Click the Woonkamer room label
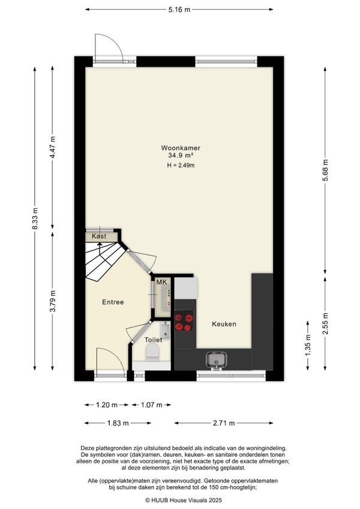click(x=181, y=148)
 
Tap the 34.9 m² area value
click(x=181, y=155)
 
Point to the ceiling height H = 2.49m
click(x=181, y=165)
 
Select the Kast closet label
click(x=99, y=236)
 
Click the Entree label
click(x=113, y=302)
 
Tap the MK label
click(x=161, y=282)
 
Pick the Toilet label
click(x=153, y=340)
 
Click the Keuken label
click(x=224, y=324)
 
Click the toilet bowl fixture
click(x=152, y=352)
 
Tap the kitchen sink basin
click(x=217, y=360)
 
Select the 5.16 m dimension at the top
click(x=179, y=10)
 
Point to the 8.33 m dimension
click(x=35, y=218)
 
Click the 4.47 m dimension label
click(x=53, y=147)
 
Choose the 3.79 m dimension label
click(x=53, y=301)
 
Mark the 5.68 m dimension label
click(x=325, y=170)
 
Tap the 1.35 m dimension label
click(x=308, y=345)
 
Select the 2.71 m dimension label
click(x=224, y=423)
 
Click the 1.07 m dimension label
click(x=152, y=405)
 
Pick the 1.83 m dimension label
click(x=118, y=423)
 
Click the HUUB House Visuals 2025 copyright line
click(x=184, y=500)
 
